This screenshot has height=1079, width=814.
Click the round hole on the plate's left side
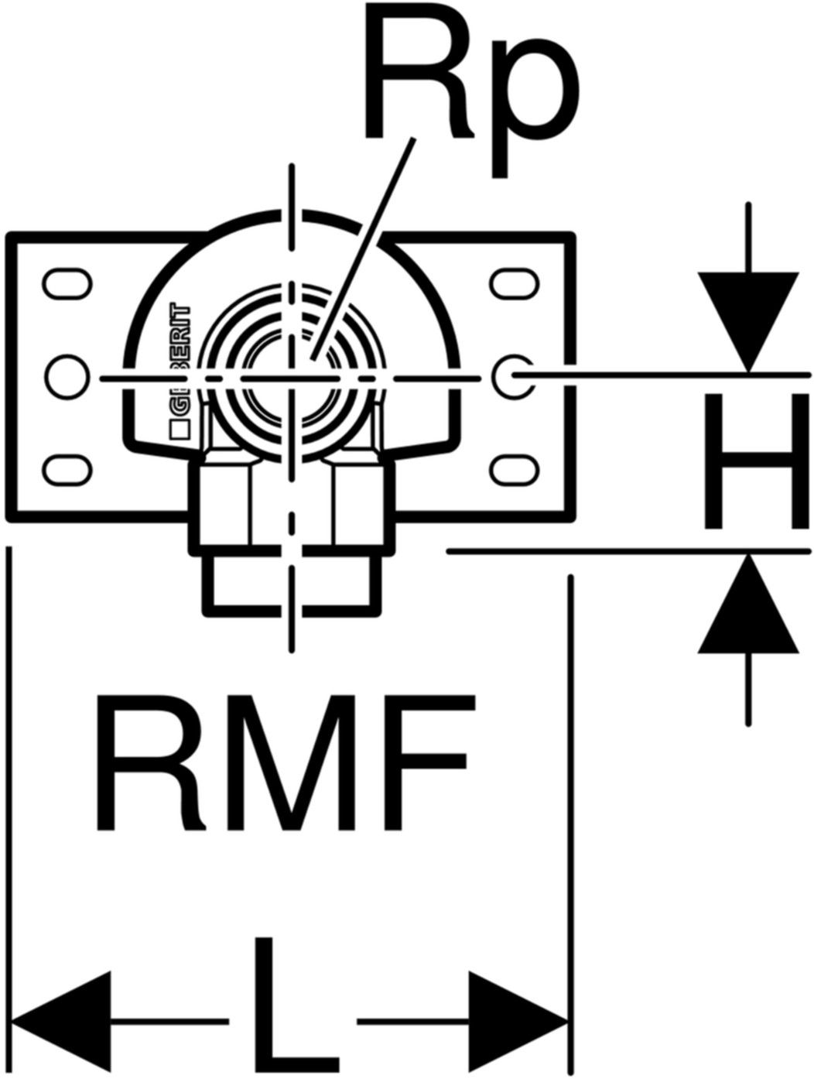[65, 375]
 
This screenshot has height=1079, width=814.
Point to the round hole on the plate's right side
[511, 375]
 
